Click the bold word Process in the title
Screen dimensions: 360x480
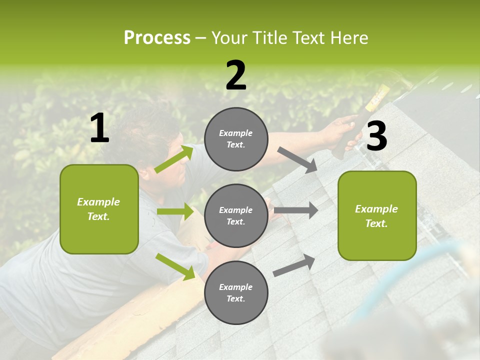pyautogui.click(x=157, y=38)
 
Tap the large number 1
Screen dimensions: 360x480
pyautogui.click(x=99, y=128)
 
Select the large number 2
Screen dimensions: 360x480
pyautogui.click(x=236, y=75)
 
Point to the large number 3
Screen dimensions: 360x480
pyautogui.click(x=376, y=136)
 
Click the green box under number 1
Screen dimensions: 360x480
pyautogui.click(x=99, y=209)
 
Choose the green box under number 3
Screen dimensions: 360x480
pyautogui.click(x=377, y=216)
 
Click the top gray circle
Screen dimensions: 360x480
pyautogui.click(x=236, y=139)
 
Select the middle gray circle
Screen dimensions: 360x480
pyautogui.click(x=236, y=216)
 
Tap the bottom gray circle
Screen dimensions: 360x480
pyautogui.click(x=236, y=293)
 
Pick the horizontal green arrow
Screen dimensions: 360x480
pyautogui.click(x=175, y=211)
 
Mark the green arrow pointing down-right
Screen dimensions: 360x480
pyautogui.click(x=175, y=266)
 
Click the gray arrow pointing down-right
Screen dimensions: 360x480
pyautogui.click(x=297, y=160)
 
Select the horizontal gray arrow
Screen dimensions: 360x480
pyautogui.click(x=296, y=210)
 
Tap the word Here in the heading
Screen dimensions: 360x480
pyautogui.click(x=350, y=38)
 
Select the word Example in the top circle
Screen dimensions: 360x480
pyautogui.click(x=235, y=133)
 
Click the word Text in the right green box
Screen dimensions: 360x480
pyautogui.click(x=375, y=223)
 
